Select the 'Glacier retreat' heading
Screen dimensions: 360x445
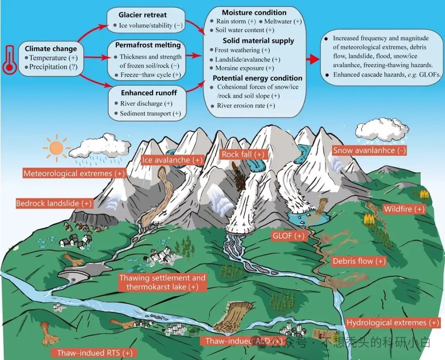[x=143, y=15]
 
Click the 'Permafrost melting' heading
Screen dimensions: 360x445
[x=148, y=45]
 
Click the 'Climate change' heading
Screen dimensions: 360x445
[x=51, y=49]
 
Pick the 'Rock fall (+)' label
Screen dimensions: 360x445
[x=243, y=154]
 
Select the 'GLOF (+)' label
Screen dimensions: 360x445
[x=288, y=236]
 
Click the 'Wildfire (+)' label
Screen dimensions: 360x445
[x=404, y=209]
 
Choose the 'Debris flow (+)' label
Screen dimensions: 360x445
[x=359, y=261]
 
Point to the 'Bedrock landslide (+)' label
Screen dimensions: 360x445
[x=54, y=203]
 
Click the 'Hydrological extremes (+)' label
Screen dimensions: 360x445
[x=393, y=323]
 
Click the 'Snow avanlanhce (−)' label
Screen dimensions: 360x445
[x=369, y=150]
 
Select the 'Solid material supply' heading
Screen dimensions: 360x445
[x=258, y=41]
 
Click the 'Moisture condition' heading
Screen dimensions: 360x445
[x=254, y=13]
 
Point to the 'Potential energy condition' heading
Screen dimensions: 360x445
[x=258, y=78]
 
